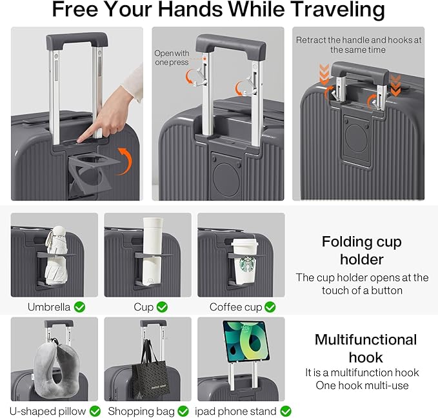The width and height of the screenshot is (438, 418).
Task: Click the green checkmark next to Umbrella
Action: pyautogui.click(x=79, y=307)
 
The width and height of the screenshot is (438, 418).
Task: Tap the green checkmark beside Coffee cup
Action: pyautogui.click(x=270, y=307)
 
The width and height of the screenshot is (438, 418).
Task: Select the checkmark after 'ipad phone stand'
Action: pyautogui.click(x=285, y=410)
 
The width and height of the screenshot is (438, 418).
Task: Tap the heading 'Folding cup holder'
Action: pyautogui.click(x=361, y=251)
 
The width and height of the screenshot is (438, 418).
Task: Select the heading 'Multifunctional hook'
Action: pyautogui.click(x=366, y=348)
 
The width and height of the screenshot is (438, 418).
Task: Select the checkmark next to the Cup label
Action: pyautogui.click(x=162, y=307)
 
